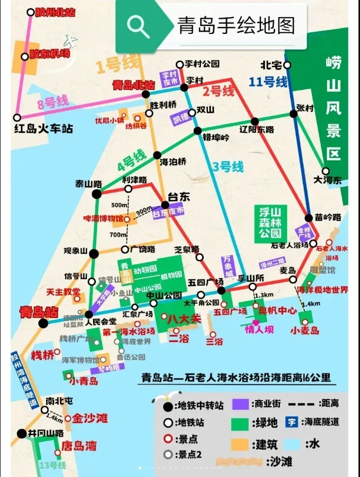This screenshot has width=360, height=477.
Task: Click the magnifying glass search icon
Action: click(138, 26)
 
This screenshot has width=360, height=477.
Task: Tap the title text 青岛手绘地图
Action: click(235, 26)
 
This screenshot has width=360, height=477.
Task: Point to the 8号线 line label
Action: click(53, 103)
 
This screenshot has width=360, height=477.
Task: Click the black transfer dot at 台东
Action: click(165, 205)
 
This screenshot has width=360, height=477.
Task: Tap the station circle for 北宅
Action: click(287, 65)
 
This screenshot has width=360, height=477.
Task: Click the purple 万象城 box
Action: click(229, 266)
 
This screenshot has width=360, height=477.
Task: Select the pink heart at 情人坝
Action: click(256, 322)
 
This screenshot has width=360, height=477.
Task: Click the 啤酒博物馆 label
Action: click(103, 219)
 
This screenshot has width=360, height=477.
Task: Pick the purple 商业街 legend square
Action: click(241, 405)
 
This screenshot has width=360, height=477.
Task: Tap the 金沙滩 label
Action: click(89, 418)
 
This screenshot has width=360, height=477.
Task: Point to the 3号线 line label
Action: click(228, 167)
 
